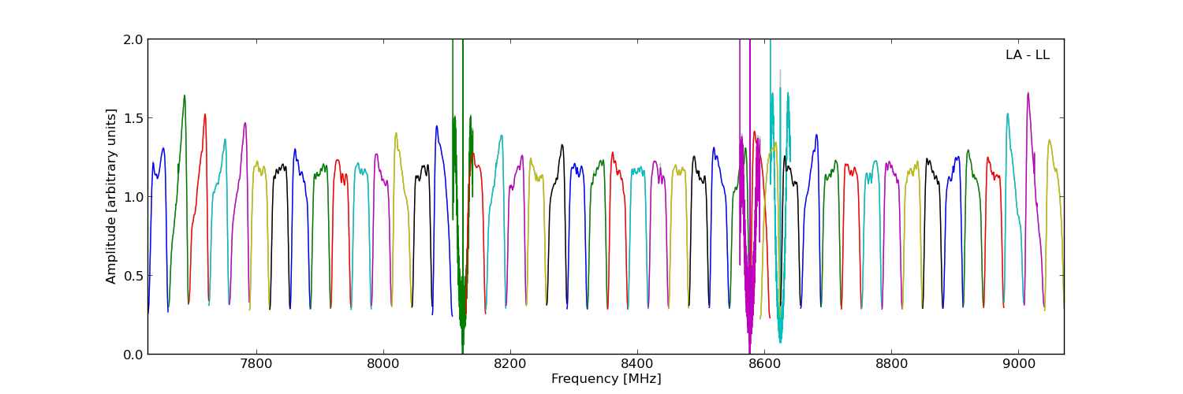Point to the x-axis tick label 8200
pyautogui.click(x=510, y=366)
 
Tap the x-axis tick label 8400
pyautogui.click(x=637, y=366)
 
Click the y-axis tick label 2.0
pyautogui.click(x=133, y=39)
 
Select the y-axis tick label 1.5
pyautogui.click(x=133, y=118)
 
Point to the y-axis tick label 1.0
pyautogui.click(x=133, y=197)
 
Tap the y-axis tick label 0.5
pyautogui.click(x=133, y=276)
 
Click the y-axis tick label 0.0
pyautogui.click(x=133, y=355)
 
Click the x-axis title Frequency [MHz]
pyautogui.click(x=606, y=379)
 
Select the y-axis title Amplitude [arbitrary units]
pyautogui.click(x=112, y=196)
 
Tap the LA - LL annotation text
pyautogui.click(x=1027, y=55)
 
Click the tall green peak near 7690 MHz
pyautogui.click(x=185, y=96)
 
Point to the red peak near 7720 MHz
pyautogui.click(x=205, y=114)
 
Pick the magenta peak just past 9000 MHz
pyautogui.click(x=1028, y=93)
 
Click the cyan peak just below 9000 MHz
pyautogui.click(x=1007, y=113)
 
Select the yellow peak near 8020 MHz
pyautogui.click(x=396, y=133)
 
